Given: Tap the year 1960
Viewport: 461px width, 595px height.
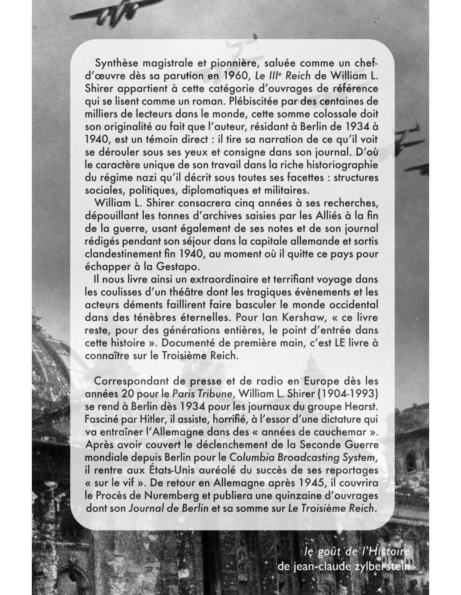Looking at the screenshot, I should pyautogui.click(x=239, y=77).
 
